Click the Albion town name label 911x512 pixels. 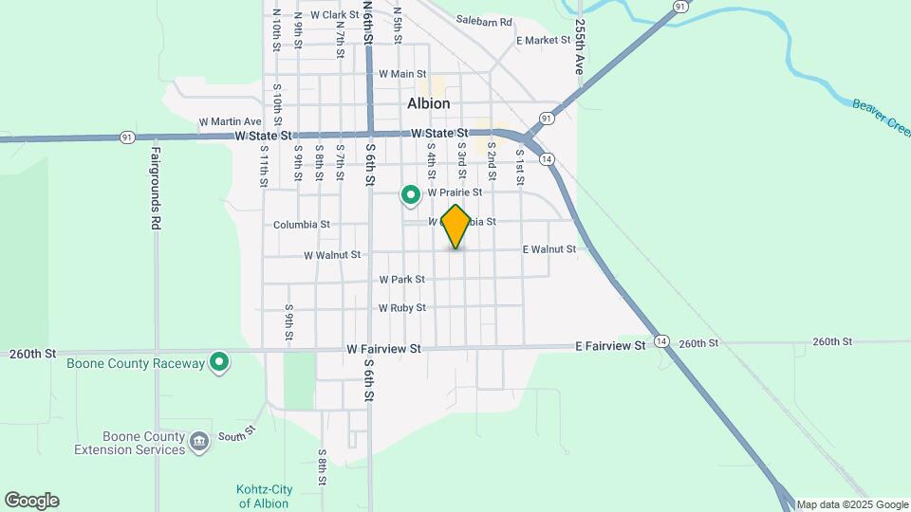429,103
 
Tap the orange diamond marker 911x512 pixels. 456,226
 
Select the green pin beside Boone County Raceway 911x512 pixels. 220,362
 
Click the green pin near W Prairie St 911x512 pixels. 411,195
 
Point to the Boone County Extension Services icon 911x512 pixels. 198,441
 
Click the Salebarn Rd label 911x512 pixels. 483,21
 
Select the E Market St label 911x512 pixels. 543,41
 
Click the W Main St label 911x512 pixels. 402,74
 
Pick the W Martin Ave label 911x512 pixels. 230,122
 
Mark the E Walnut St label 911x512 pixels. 549,249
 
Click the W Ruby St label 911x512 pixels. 402,308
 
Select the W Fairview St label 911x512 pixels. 383,349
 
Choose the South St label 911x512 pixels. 237,433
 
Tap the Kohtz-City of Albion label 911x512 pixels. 264,496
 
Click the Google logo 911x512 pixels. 31,501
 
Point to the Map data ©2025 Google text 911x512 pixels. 851,504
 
